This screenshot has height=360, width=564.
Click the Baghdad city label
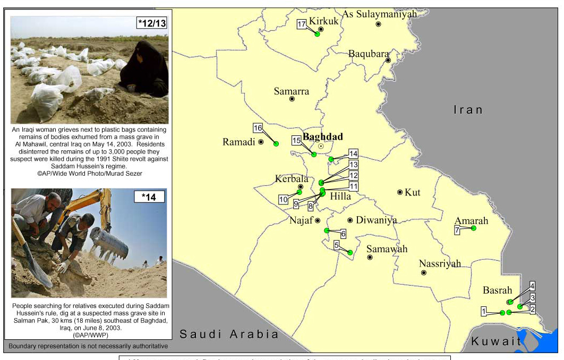tap(322, 136)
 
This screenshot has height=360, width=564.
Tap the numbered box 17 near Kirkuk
tap(302, 24)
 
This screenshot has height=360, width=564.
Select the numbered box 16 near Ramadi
tap(258, 128)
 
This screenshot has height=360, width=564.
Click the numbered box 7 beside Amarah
tap(457, 230)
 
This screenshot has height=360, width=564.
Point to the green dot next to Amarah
tap(474, 228)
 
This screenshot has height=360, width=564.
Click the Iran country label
tap(468, 110)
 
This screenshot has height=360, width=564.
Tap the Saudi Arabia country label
tap(229, 334)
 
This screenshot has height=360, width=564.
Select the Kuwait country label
tap(497, 341)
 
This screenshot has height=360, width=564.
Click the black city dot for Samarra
tap(292, 99)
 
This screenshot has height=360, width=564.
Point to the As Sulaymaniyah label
tap(379, 14)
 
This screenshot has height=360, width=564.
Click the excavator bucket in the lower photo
tap(109, 243)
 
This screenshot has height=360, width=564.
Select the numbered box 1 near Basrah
tap(484, 311)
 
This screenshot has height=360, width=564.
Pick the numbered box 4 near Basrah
tap(532, 285)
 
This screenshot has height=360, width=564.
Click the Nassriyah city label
tap(440, 264)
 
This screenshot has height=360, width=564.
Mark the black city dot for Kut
tap(400, 192)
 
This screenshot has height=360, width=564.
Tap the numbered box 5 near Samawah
tap(337, 245)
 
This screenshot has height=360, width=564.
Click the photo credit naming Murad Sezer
tap(90, 173)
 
